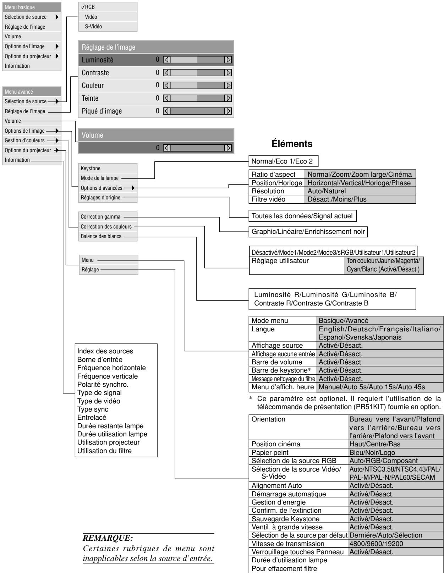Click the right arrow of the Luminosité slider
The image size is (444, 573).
coord(229,60)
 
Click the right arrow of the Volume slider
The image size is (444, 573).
coord(229,148)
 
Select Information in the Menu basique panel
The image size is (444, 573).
coord(17,66)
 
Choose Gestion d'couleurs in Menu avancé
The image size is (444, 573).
coord(24,141)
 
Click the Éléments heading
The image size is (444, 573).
coord(292,144)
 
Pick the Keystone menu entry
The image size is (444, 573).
coord(91,169)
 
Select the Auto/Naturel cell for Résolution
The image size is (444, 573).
coord(327,191)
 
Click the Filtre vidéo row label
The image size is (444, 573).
coord(268,199)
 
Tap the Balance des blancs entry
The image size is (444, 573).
coord(101,236)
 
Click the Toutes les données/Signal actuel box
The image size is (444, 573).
coord(303,215)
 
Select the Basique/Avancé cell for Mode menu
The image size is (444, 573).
coord(339,321)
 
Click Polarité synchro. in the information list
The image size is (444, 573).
coord(103,384)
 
